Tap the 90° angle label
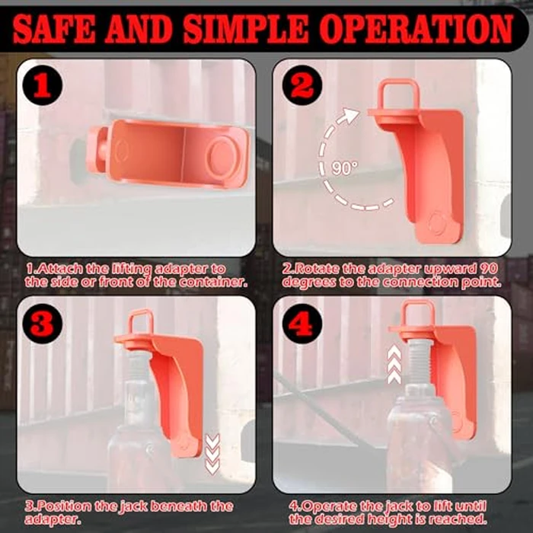coord(344,168)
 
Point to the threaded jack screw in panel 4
coord(418,362)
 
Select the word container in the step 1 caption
coord(214,282)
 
